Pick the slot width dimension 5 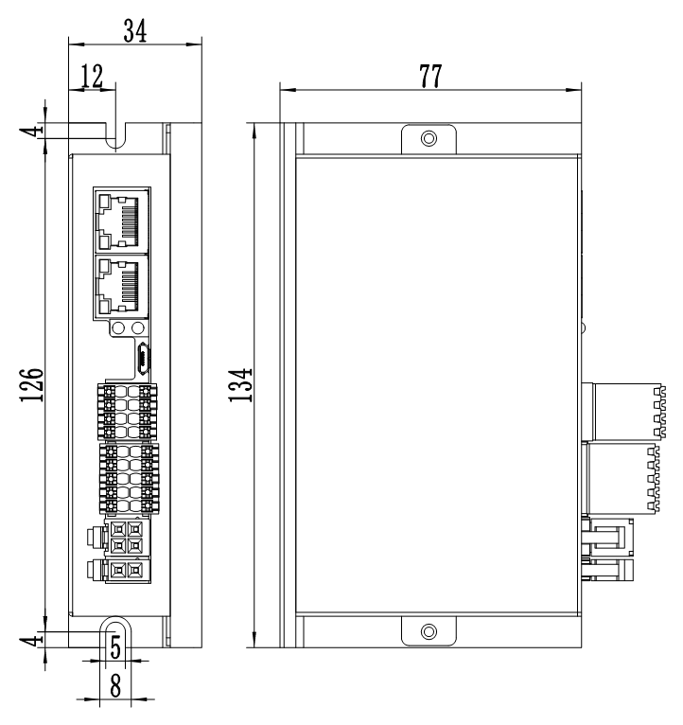(115, 646)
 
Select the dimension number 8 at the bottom (115, 684)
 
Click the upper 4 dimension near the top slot (35, 132)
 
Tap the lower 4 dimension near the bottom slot (35, 640)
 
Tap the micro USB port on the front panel (142, 359)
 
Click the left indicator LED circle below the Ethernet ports (119, 328)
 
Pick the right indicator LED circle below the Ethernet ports (139, 328)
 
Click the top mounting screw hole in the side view (429, 139)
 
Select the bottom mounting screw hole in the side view (429, 631)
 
